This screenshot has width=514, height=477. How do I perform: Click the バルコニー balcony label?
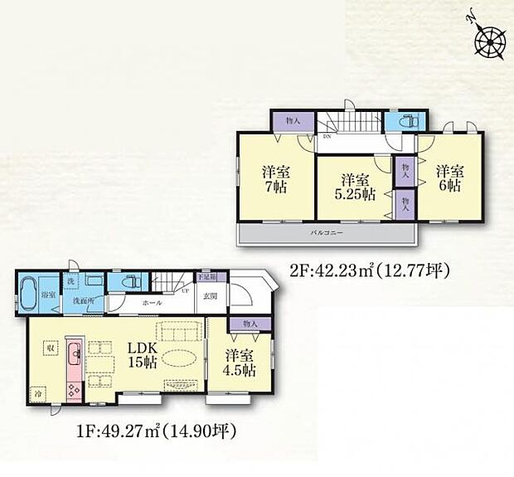click(327, 234)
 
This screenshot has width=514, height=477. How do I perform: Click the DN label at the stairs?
click(327, 136)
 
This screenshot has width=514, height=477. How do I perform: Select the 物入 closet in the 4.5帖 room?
click(251, 324)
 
